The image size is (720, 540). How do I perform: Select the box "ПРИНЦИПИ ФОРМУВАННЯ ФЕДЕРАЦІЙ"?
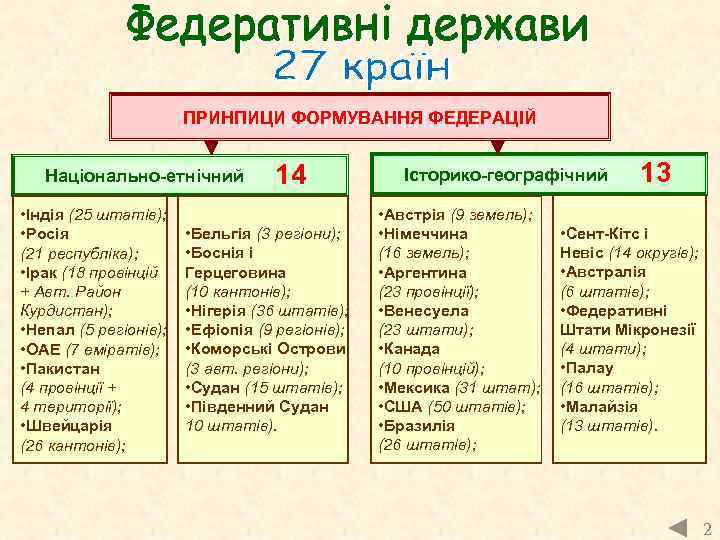(359, 118)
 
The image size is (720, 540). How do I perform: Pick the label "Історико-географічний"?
(505, 175)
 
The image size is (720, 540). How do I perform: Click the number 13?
(656, 173)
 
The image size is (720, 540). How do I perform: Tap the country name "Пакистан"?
(64, 368)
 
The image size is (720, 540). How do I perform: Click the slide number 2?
(706, 527)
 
